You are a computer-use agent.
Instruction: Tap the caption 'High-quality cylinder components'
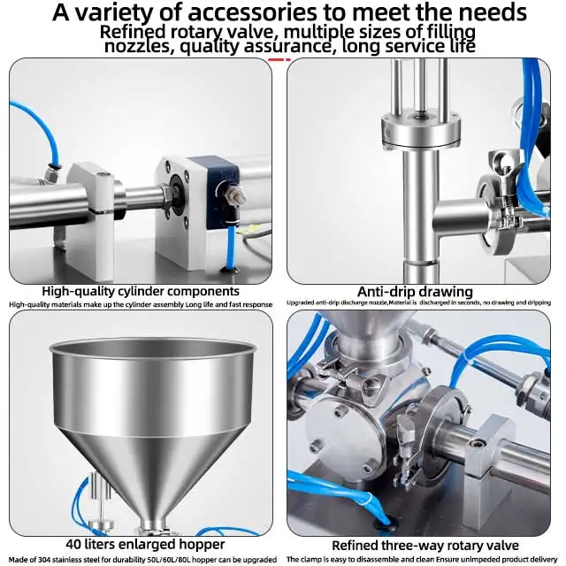coord(141,291)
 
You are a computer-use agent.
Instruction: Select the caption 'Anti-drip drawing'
coord(415,292)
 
